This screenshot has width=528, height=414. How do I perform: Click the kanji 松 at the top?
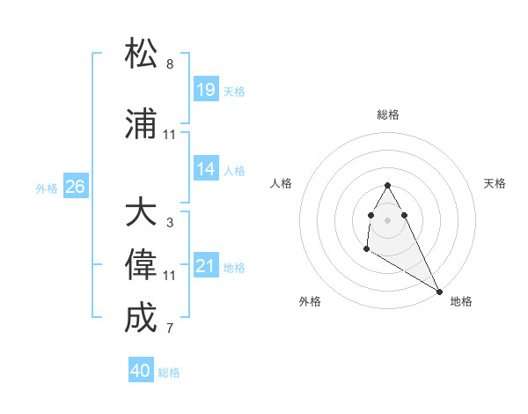click(141, 54)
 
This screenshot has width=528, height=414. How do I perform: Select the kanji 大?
click(141, 213)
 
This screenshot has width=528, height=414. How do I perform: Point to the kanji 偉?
click(141, 265)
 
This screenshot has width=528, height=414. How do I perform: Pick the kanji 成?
click(141, 318)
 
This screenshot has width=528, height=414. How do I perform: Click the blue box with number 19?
click(206, 89)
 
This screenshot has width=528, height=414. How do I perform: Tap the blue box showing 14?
click(206, 169)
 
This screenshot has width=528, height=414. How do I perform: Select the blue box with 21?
click(206, 266)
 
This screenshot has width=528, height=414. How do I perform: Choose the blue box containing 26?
click(75, 187)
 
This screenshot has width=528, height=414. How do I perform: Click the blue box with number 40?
click(141, 371)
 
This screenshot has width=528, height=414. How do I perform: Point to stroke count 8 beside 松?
click(170, 64)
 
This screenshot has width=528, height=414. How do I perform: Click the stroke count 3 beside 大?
click(170, 223)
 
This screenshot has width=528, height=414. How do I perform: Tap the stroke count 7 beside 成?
click(170, 329)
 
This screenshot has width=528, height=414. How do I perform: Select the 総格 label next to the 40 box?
click(169, 373)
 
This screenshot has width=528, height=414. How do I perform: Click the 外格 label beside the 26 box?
click(47, 189)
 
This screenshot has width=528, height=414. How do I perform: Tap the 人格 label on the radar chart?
click(282, 183)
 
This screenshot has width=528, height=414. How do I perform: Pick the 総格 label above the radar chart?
click(388, 115)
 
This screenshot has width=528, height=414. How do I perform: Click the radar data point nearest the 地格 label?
click(440, 292)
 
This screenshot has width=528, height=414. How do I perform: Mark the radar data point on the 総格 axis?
click(387, 185)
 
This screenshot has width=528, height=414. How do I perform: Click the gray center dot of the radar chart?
click(387, 219)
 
